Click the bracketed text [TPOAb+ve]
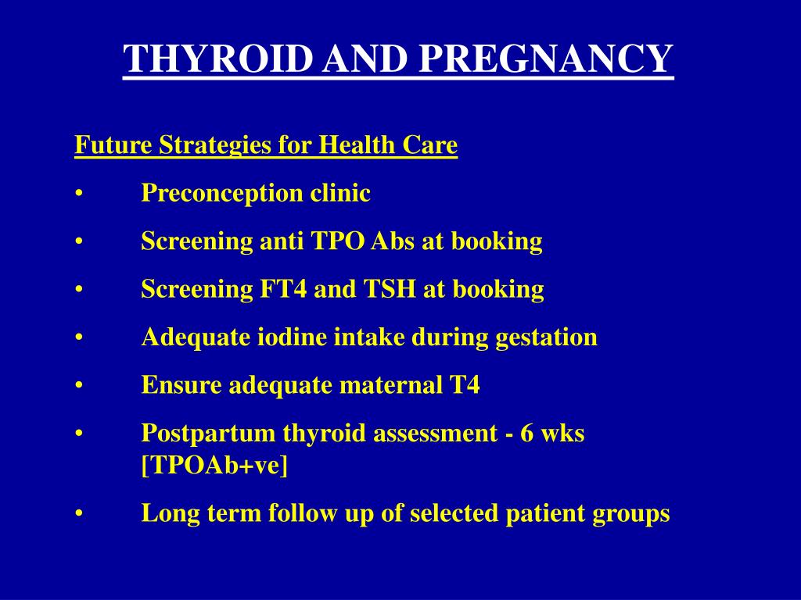pyautogui.click(x=214, y=466)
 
